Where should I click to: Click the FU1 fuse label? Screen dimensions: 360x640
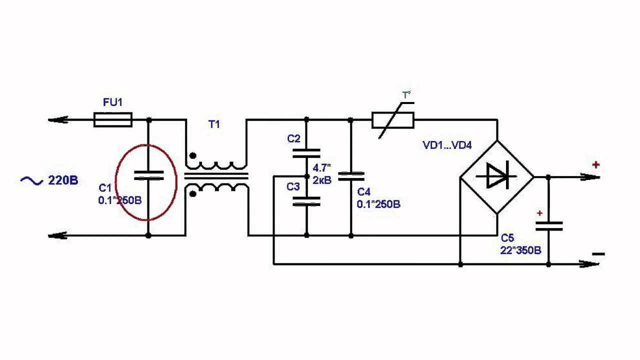tap(112, 102)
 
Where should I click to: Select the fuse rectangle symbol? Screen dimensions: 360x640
tap(113, 120)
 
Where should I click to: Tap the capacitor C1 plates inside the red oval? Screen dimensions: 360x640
tap(148, 175)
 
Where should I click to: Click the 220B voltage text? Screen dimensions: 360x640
tap(63, 180)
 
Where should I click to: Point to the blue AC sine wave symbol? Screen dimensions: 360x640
tap(31, 180)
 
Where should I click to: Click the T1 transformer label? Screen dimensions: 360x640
tap(214, 124)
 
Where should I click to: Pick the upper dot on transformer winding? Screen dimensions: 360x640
tap(193, 156)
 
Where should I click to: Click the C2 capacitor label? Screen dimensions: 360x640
tap(293, 139)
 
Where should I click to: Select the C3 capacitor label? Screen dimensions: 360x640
tap(293, 186)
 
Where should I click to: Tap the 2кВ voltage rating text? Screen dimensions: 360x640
tap(322, 180)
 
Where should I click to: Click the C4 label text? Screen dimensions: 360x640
tap(364, 192)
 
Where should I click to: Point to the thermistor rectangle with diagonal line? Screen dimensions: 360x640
tap(393, 120)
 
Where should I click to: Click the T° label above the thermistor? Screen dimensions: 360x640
tap(406, 95)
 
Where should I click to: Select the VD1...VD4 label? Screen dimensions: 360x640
tap(447, 145)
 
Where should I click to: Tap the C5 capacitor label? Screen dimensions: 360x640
tap(507, 238)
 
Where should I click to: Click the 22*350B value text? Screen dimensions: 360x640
tap(520, 250)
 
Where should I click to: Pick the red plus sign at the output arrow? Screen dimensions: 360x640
tap(596, 164)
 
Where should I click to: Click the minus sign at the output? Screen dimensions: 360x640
tap(597, 254)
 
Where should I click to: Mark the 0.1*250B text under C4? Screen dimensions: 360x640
tap(378, 204)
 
